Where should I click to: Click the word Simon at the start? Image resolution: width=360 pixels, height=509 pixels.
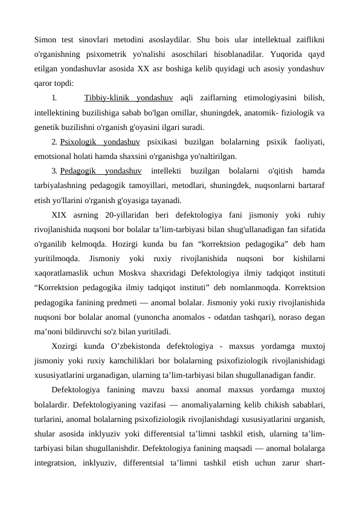[47, 41]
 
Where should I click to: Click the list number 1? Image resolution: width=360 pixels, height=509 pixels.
[54, 97]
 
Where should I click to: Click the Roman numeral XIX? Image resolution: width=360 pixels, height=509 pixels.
[60, 215]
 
